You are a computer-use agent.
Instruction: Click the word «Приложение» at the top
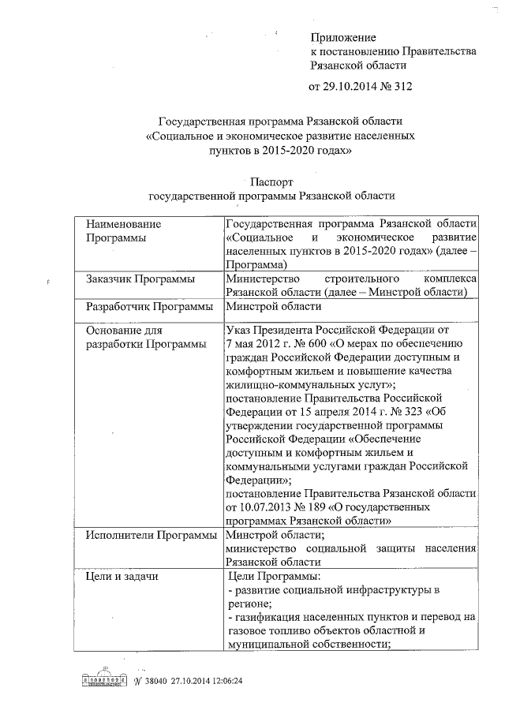click(x=343, y=37)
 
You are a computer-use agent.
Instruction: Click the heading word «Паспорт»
click(x=271, y=182)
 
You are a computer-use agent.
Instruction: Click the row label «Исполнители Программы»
click(x=151, y=536)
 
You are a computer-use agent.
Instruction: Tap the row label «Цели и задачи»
click(x=122, y=577)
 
